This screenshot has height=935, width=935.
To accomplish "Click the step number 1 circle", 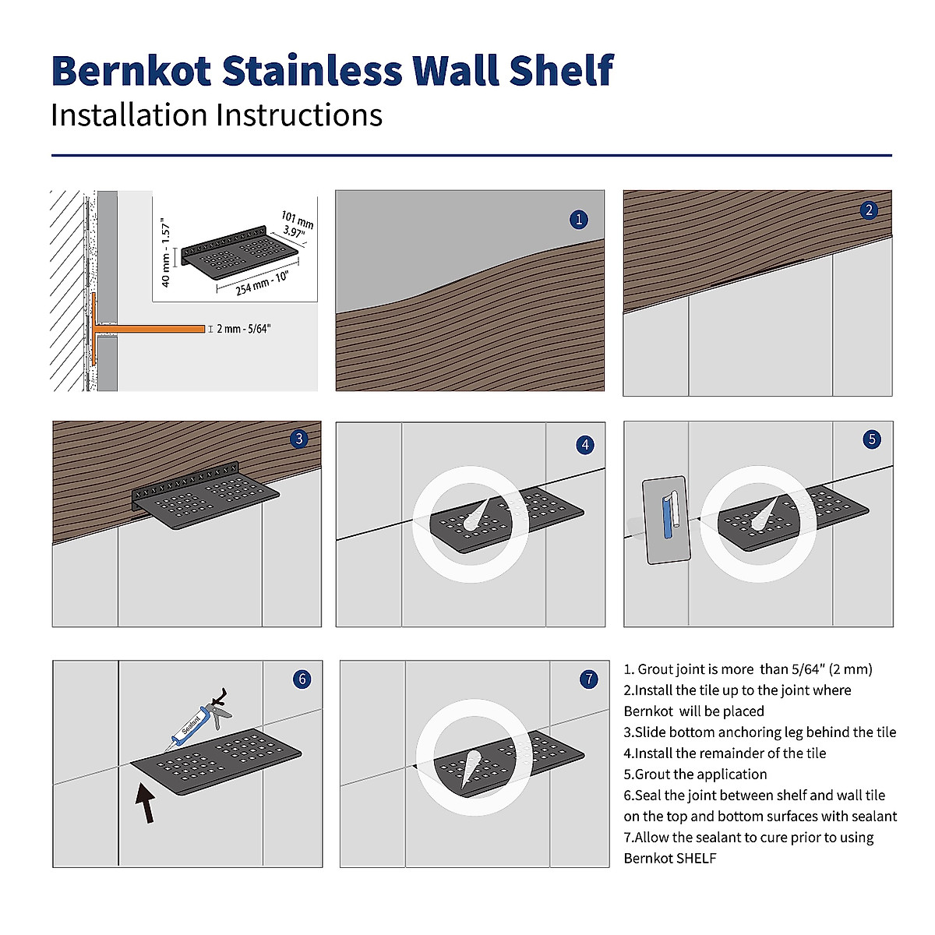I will (x=579, y=220).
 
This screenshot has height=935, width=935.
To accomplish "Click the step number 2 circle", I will (x=870, y=210).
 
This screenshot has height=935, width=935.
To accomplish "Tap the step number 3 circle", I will (x=299, y=439).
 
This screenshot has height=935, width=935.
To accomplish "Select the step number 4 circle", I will (x=585, y=445).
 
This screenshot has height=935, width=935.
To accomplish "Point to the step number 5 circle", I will (x=872, y=439).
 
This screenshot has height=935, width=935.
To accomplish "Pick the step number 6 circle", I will (x=302, y=679).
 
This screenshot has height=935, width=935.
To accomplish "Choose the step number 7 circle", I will (x=589, y=679).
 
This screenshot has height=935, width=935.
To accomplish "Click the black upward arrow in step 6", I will (x=145, y=803).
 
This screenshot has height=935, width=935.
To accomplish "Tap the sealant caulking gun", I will (x=199, y=721).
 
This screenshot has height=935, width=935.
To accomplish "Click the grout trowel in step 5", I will (x=667, y=520).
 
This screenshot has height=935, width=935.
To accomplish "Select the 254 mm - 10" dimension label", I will (x=262, y=284).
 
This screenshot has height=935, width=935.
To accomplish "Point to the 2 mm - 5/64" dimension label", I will (x=242, y=329).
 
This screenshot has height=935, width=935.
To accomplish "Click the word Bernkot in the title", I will (x=131, y=71).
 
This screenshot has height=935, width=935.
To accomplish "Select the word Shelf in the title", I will (x=562, y=71).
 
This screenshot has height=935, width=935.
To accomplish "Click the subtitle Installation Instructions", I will (x=217, y=115).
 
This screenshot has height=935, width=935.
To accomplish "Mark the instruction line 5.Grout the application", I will (x=695, y=774).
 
